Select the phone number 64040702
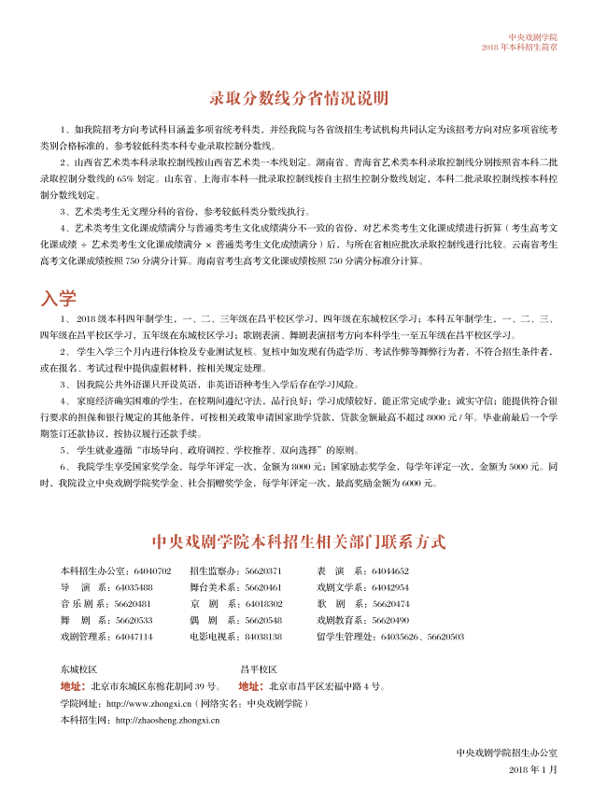point(153,570)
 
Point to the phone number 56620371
point(263,570)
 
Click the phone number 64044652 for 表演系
point(390,570)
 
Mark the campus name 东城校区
point(78,669)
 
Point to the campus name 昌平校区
point(259,669)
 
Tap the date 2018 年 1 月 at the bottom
point(533,768)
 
